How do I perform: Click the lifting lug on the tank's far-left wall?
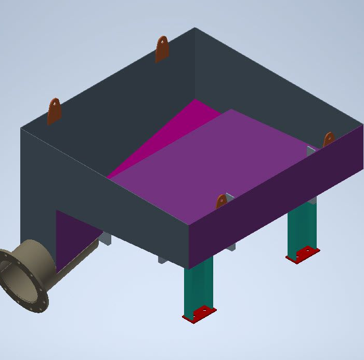coord(54,111)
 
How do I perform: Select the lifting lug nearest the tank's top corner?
coord(162,49)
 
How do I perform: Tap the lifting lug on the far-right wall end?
coord(329,140)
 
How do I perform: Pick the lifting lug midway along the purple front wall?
coord(222,202)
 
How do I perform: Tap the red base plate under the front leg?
coord(199,314)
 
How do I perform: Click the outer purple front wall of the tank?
coord(276,192)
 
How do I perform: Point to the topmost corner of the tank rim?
coord(195,28)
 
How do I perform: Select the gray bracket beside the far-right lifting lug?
coord(311,151)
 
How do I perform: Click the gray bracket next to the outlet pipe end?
coord(105,238)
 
